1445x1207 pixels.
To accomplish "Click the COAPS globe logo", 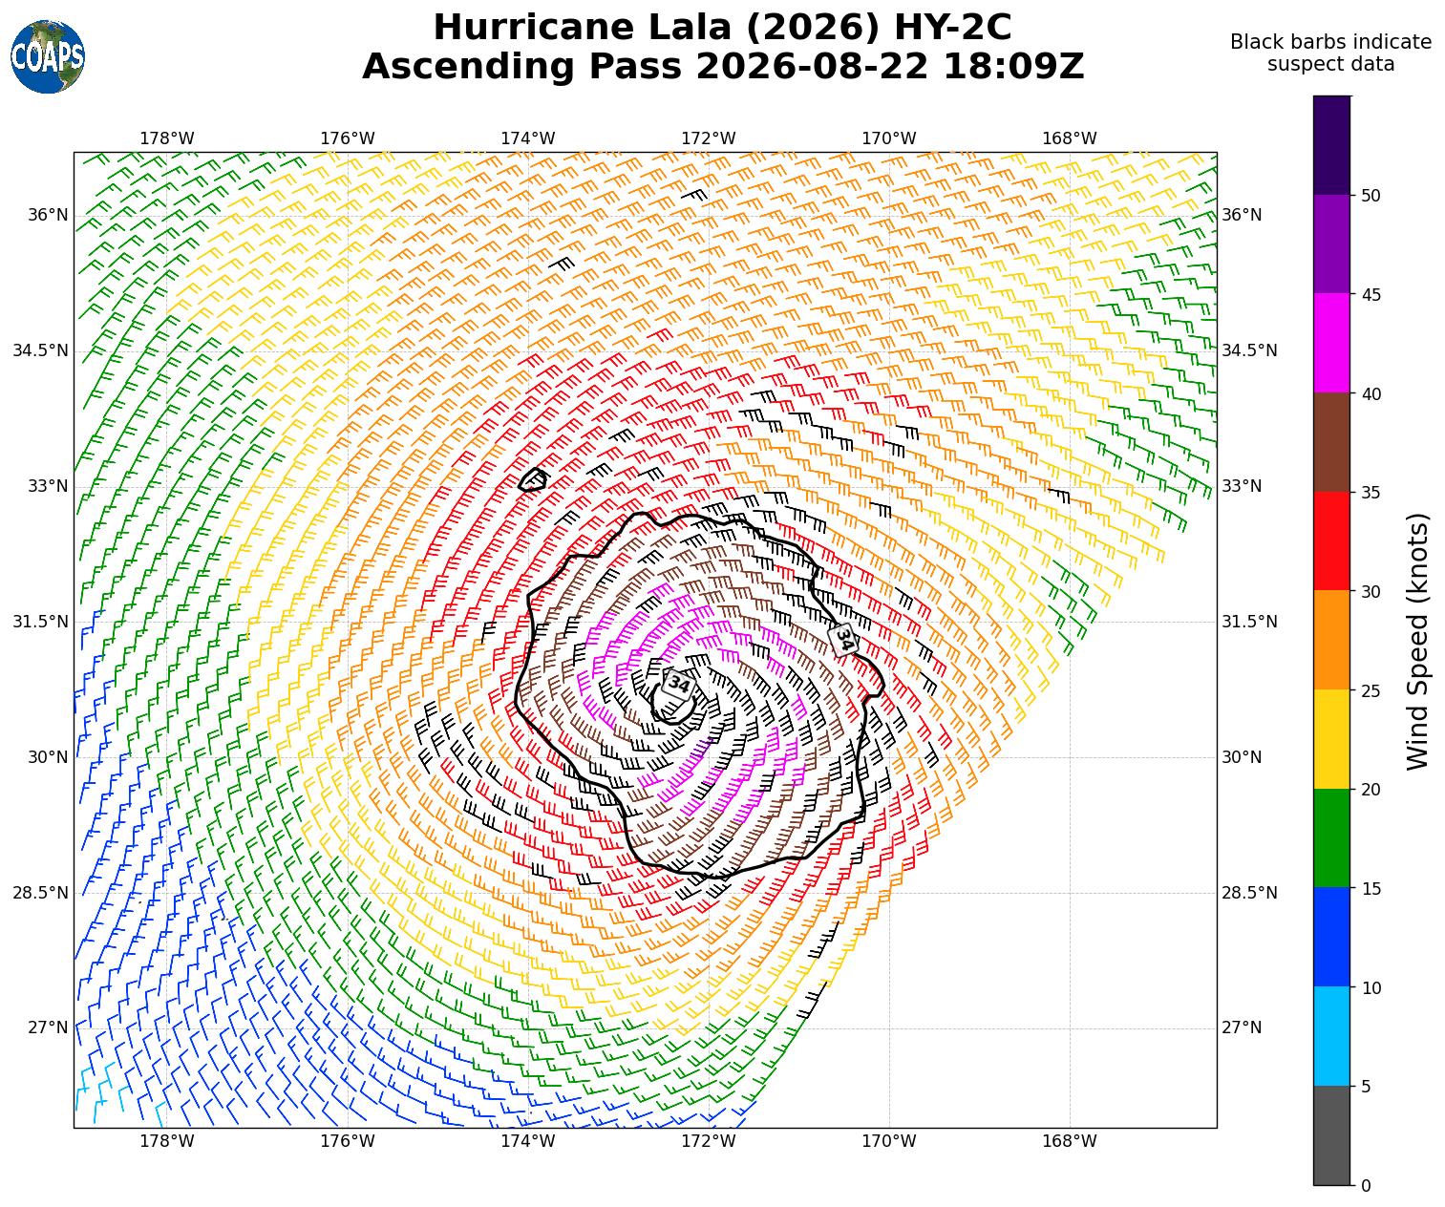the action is [48, 56].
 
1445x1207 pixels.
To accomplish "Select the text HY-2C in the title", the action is [952, 28].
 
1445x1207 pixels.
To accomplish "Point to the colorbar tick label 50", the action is [1371, 196].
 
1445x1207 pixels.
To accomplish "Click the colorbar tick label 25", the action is [1371, 690].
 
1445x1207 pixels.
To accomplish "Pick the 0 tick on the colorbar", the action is [1366, 1186].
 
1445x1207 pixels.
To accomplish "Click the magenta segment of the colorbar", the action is [1331, 343].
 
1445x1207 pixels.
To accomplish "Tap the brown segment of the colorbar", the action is [1331, 442].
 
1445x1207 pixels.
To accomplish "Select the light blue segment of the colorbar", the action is [1331, 1036].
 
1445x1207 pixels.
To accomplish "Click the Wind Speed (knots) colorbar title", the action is [1417, 641].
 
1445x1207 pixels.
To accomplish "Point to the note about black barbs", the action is [1330, 53].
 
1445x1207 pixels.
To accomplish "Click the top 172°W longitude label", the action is [708, 138].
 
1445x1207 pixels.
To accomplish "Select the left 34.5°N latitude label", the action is [41, 350].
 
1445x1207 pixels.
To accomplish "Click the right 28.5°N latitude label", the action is [1249, 893].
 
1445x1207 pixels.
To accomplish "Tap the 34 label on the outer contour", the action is [843, 640].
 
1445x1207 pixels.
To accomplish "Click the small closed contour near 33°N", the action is [534, 479].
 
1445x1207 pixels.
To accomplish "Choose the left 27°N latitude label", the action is [48, 1027].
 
